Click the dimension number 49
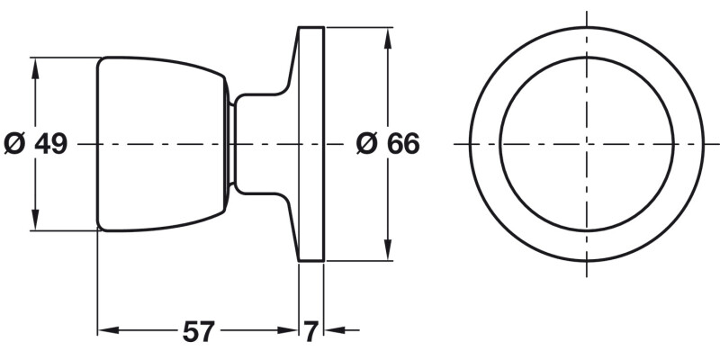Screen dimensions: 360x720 click(x=51, y=144)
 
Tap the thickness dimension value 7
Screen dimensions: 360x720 click(x=310, y=332)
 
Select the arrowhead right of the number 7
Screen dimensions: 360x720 click(x=333, y=331)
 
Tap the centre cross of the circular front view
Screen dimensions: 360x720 click(x=587, y=144)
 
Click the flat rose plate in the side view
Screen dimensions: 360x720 click(x=311, y=144)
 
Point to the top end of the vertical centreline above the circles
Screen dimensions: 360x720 click(x=587, y=13)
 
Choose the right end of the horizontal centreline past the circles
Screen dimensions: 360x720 click(x=715, y=144)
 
